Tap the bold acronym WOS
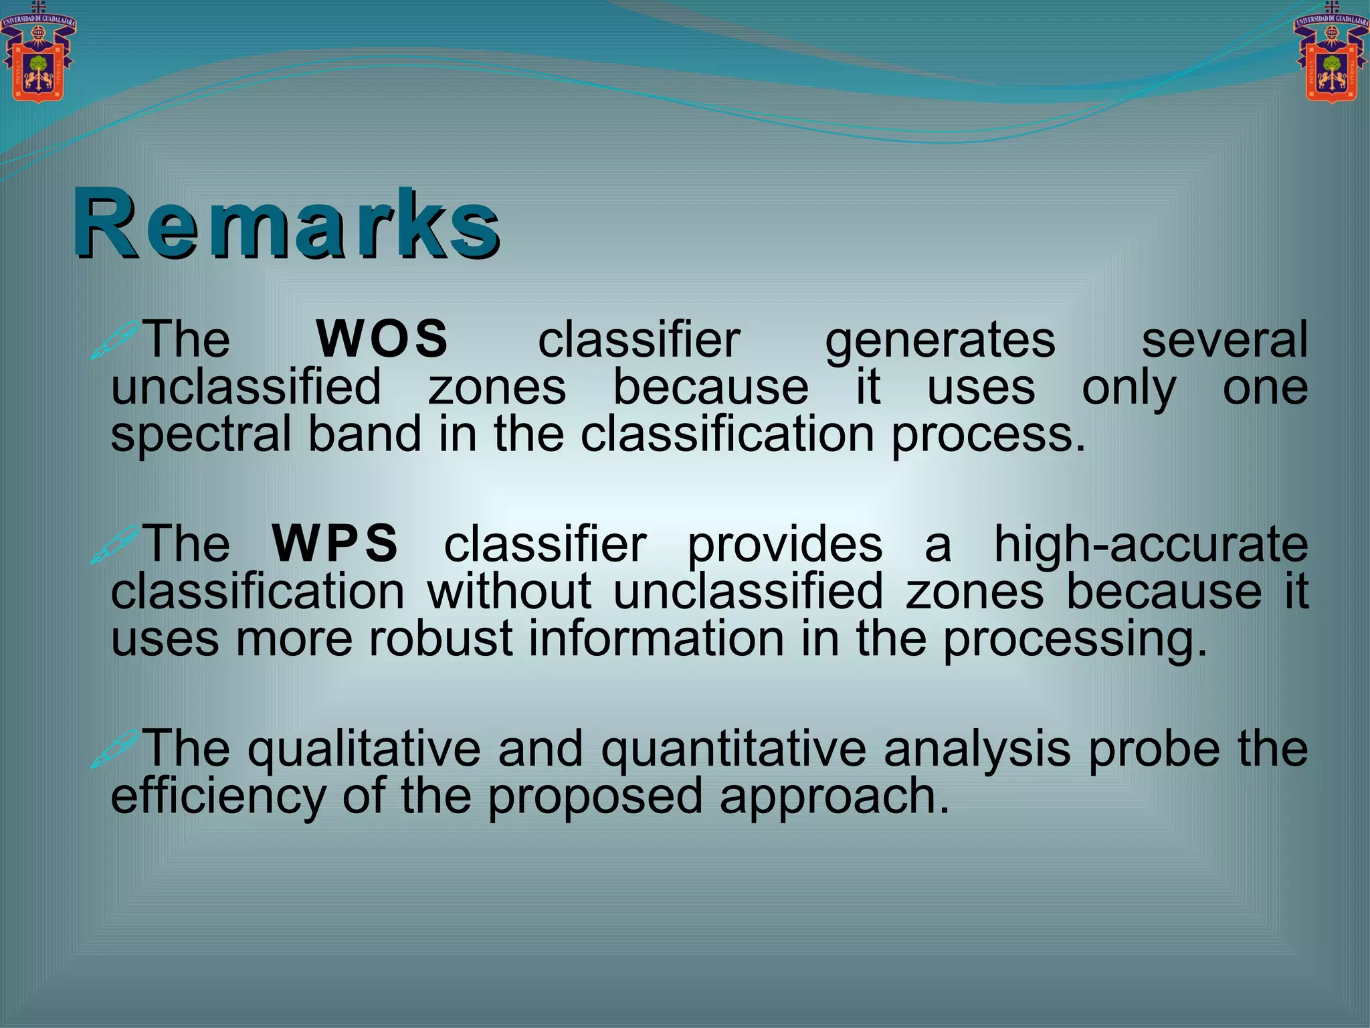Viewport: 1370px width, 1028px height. coord(383,339)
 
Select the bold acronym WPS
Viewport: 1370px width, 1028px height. coord(335,543)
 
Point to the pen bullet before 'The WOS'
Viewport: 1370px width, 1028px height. coord(115,340)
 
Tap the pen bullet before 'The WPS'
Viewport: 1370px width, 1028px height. coord(115,544)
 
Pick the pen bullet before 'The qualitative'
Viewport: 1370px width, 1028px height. coord(115,748)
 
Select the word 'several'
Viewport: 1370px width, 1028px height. coord(1224,339)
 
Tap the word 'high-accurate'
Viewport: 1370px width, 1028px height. coord(1151,545)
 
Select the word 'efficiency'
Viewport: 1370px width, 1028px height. coord(218,796)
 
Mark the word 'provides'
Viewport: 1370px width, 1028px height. coord(785,545)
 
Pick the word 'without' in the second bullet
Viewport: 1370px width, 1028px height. coord(509,592)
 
